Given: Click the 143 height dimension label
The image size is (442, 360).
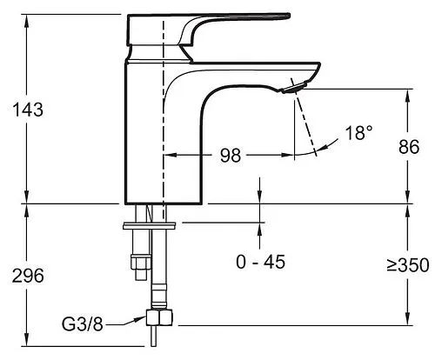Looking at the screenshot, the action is (28, 110).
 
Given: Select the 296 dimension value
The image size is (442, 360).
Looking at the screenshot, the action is (28, 276).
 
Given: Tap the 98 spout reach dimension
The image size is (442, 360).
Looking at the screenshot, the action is (231, 155).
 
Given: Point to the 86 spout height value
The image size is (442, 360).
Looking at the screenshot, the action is (409, 147).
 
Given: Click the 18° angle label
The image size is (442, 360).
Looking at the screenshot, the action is (358, 133).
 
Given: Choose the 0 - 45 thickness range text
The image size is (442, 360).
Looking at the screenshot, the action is (260, 262).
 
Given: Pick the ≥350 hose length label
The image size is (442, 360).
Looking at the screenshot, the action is (408, 265).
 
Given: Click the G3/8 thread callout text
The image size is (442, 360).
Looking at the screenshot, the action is (83, 323).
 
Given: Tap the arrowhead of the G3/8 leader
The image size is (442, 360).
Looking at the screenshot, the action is (142, 319).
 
